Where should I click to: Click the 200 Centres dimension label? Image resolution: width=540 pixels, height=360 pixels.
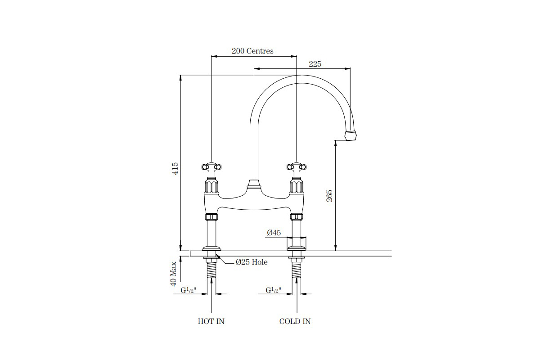(252, 51)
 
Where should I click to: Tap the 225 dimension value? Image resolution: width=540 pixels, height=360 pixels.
(315, 64)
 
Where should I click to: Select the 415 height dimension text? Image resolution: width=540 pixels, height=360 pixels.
(176, 169)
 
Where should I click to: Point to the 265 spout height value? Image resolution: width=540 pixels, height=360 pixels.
(329, 195)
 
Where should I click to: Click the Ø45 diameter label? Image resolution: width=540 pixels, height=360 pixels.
(274, 233)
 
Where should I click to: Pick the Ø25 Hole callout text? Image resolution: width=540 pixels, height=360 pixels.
(252, 262)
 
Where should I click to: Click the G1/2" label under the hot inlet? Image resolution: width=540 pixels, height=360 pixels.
(187, 291)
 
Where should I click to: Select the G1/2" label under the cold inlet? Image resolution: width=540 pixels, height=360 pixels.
(273, 291)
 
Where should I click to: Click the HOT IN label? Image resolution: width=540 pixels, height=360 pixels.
(211, 321)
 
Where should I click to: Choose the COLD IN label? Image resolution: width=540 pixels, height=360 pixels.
(295, 321)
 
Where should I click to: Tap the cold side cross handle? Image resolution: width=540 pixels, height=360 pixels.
(297, 168)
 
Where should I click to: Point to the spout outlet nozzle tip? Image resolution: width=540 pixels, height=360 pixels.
(351, 135)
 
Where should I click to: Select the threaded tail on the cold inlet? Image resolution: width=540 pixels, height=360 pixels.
(297, 270)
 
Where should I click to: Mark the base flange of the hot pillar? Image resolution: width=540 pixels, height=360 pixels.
(211, 248)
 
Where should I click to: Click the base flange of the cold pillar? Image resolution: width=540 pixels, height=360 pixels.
(297, 248)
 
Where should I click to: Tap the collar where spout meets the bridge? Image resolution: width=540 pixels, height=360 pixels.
(254, 184)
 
